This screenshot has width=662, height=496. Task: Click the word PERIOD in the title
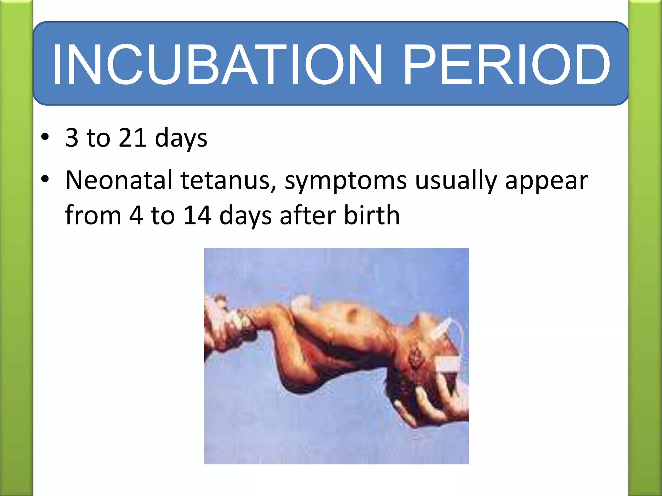coord(506,65)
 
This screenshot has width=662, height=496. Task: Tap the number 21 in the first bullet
coord(133,138)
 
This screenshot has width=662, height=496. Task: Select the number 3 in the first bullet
coord(72,138)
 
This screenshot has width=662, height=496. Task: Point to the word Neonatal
coord(119,180)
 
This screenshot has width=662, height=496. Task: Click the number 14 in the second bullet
coord(197,215)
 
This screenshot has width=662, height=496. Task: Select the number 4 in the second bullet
coord(136,215)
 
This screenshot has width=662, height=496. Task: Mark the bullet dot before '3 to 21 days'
coord(45,137)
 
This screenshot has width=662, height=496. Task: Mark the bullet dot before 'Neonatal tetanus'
coord(45,179)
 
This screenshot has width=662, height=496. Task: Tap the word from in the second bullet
coord(93,215)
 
